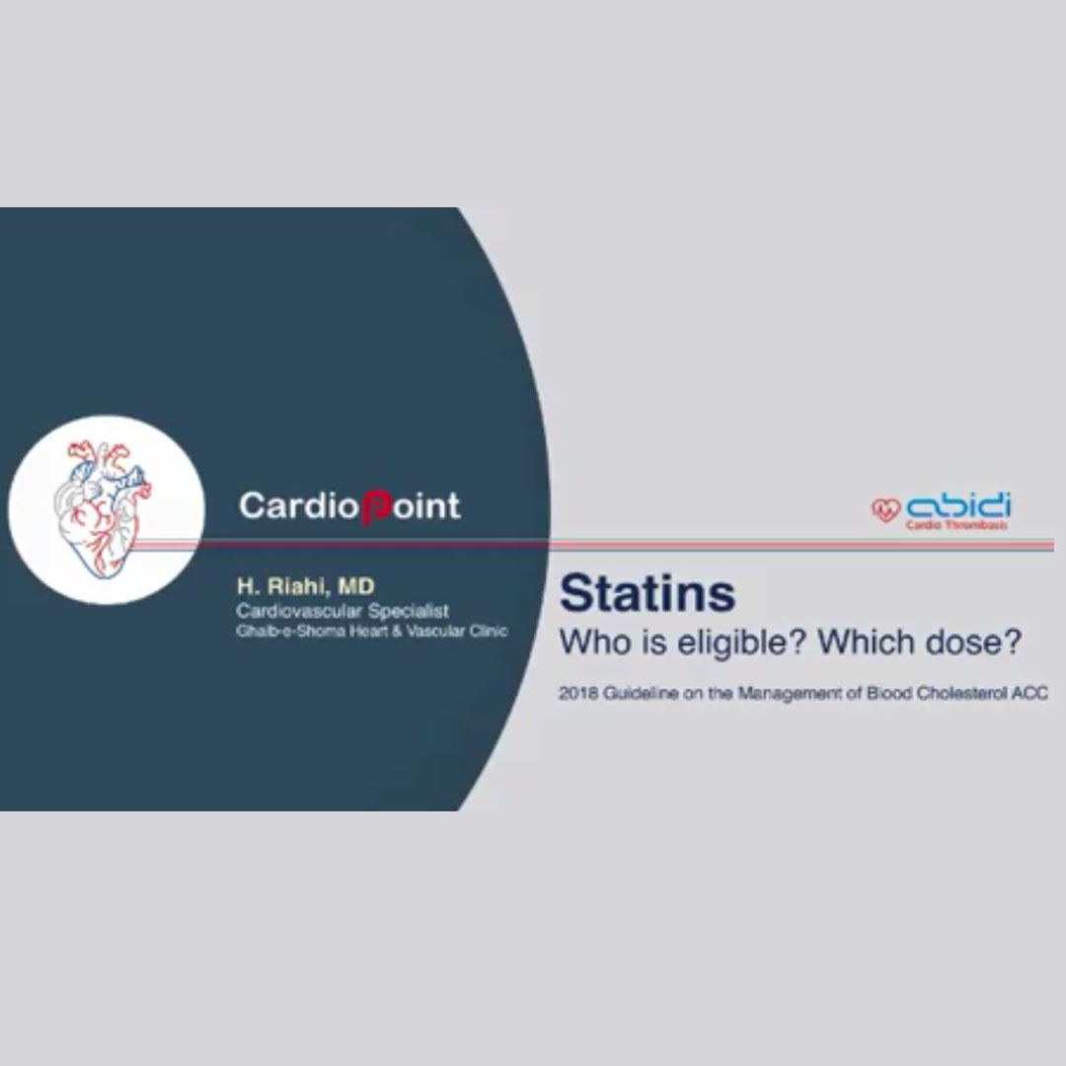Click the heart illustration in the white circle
point(103,508)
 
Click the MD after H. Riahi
point(355,586)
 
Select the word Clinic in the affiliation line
point(489,631)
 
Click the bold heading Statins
point(647,593)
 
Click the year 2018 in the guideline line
point(577,694)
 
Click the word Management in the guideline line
point(792,694)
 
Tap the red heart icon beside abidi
point(885,509)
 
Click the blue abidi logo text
point(958,505)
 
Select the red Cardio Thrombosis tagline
point(956,525)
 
